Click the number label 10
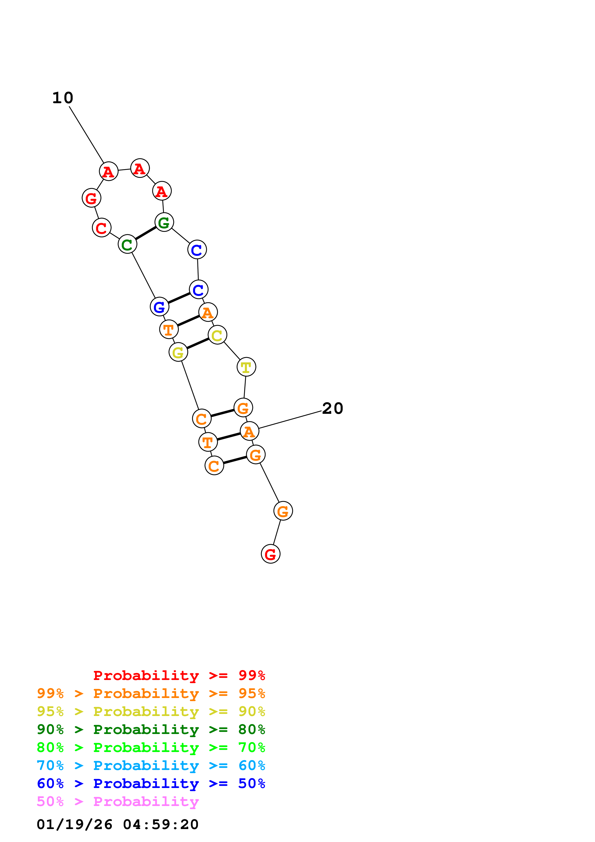[x=63, y=98]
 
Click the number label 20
[x=332, y=409]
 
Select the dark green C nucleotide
[x=127, y=244]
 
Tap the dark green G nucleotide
[x=164, y=222]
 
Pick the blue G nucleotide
[x=159, y=307]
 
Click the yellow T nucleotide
[x=246, y=367]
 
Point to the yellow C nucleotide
[x=217, y=335]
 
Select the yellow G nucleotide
[x=178, y=352]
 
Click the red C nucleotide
[x=102, y=228]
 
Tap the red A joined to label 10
[x=108, y=171]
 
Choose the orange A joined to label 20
[x=249, y=431]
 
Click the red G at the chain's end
[x=270, y=554]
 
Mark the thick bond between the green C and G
[x=145, y=233]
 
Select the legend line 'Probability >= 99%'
[x=179, y=675]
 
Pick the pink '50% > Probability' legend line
[x=118, y=802]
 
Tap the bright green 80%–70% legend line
[x=151, y=747]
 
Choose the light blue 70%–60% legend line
[x=151, y=765]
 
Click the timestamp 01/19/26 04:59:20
[x=117, y=824]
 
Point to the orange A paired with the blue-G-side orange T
[x=208, y=313]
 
